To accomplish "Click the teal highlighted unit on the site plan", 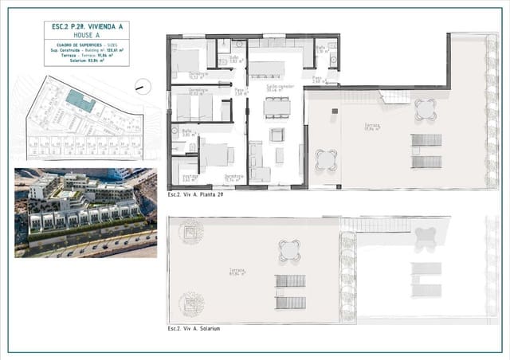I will pos(79,101).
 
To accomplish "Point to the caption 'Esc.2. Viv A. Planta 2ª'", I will pos(195,194).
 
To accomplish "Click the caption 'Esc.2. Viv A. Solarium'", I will pos(194,328).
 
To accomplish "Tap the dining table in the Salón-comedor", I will pos(277,106).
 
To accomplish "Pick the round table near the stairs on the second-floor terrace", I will pos(426,108).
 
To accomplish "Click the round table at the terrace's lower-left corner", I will pos(326,160).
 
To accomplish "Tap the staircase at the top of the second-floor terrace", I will pos(395,96).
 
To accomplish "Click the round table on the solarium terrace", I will pos(290,250).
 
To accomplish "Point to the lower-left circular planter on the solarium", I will pos(191,303).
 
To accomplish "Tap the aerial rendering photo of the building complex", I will pos(85,213).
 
